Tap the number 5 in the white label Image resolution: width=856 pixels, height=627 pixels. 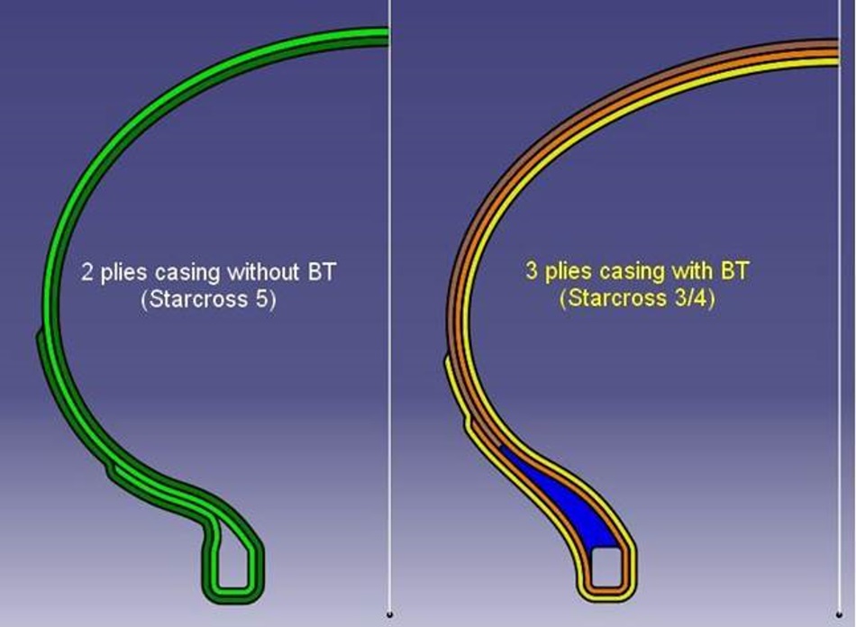pos(261,300)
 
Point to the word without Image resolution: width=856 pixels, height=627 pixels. pos(264,272)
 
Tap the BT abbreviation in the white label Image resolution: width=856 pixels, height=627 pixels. pos(322,272)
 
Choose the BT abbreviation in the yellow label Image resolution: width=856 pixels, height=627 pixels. pos(734,270)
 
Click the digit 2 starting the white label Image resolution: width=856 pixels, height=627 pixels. pos(87,272)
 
